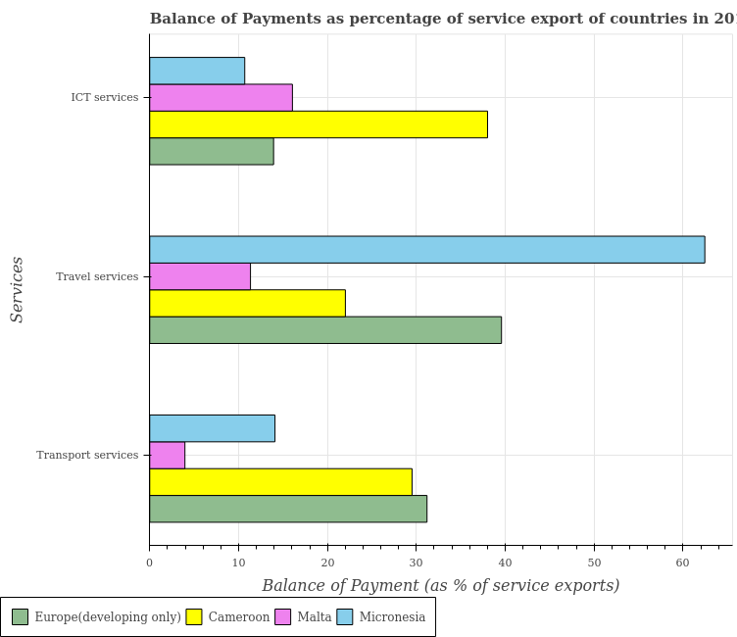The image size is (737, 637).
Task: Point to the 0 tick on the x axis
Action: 150,560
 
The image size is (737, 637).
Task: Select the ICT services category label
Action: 116,98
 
